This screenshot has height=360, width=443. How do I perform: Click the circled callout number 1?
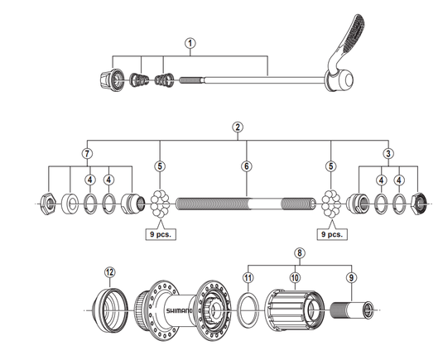[190, 43]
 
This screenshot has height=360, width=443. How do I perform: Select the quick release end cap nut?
[111, 80]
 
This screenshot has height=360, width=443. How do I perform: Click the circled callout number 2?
[238, 127]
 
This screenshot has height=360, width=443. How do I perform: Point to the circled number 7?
[87, 154]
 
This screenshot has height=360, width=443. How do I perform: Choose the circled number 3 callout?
[388, 154]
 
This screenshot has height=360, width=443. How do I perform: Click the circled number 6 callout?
[247, 166]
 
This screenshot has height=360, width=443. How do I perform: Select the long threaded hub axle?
[246, 204]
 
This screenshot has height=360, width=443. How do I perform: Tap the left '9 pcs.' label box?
[161, 234]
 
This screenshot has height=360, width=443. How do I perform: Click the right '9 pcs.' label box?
[332, 234]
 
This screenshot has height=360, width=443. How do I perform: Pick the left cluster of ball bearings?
[160, 204]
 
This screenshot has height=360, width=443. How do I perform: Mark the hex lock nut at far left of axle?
[48, 204]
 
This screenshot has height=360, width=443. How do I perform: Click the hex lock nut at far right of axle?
[419, 204]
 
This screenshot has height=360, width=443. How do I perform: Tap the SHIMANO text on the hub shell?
[179, 311]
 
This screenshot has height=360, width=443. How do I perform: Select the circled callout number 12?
[110, 272]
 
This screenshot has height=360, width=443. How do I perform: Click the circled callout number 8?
[300, 252]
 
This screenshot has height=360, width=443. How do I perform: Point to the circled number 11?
[248, 278]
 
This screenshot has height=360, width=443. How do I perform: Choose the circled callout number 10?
[295, 278]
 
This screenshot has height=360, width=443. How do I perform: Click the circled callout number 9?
[351, 278]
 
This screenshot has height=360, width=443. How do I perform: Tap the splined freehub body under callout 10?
[295, 310]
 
